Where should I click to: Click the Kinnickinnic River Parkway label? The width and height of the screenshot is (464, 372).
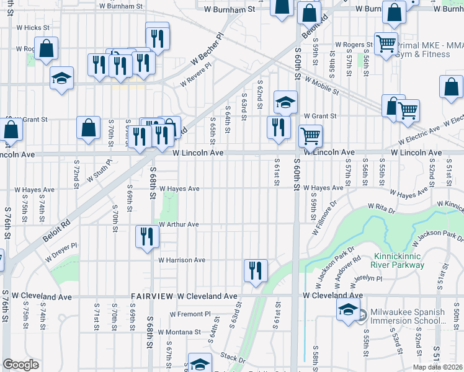399,260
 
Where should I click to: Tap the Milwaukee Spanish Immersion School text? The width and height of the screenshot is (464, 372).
407,316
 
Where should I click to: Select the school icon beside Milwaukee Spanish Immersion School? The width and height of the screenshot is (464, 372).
349,311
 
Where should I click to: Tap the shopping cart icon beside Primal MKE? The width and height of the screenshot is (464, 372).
386,44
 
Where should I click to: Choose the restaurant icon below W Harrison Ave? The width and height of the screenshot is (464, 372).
256,270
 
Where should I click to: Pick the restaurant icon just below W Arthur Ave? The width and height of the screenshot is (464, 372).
147,237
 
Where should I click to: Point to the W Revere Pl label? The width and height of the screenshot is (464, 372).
195,77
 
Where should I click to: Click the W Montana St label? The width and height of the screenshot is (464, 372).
179,332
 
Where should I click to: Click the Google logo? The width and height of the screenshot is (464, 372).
20,365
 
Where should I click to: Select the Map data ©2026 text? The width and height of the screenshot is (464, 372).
437,367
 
